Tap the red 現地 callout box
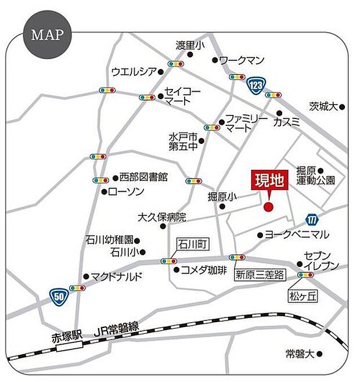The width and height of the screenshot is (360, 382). (269, 181)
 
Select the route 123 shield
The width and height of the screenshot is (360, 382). (253, 86)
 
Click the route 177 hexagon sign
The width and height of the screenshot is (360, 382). (312, 219)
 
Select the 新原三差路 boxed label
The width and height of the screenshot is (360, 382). (259, 273)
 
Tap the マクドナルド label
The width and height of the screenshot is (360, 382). (117, 276)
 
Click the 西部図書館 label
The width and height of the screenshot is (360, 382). (143, 176)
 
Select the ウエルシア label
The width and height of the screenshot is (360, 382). (134, 71)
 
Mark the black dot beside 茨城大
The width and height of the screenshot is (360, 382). (343, 107)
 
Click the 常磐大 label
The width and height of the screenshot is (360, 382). (303, 353)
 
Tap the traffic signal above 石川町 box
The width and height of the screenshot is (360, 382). (170, 261)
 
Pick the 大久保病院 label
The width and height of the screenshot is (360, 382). (161, 218)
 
